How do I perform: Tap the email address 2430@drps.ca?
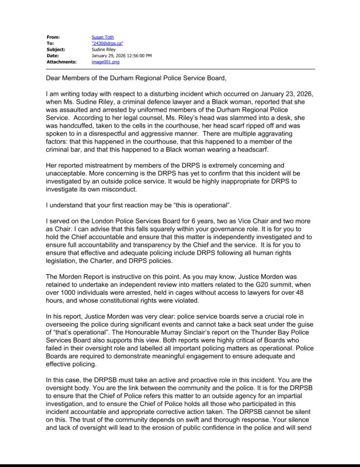pyautogui.click(x=108, y=43)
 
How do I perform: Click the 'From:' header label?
pyautogui.click(x=53, y=37)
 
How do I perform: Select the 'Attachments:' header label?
pyautogui.click(x=61, y=61)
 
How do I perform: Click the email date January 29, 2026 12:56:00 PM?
pyautogui.click(x=122, y=55)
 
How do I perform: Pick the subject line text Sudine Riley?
pyautogui.click(x=103, y=49)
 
